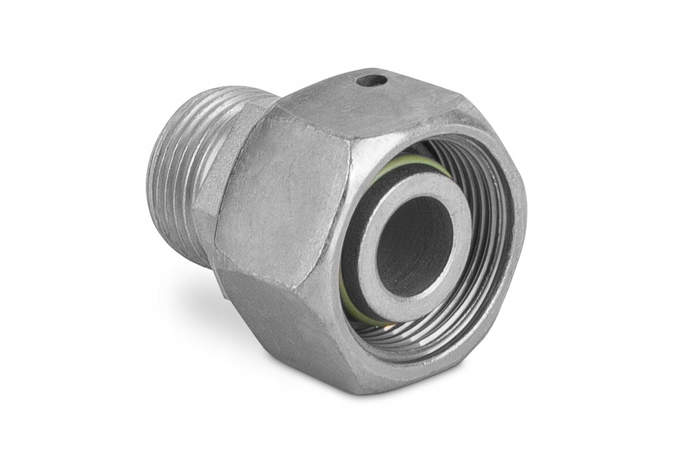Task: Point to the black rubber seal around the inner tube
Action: [x=356, y=239]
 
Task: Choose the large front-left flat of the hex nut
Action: [x=286, y=199]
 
